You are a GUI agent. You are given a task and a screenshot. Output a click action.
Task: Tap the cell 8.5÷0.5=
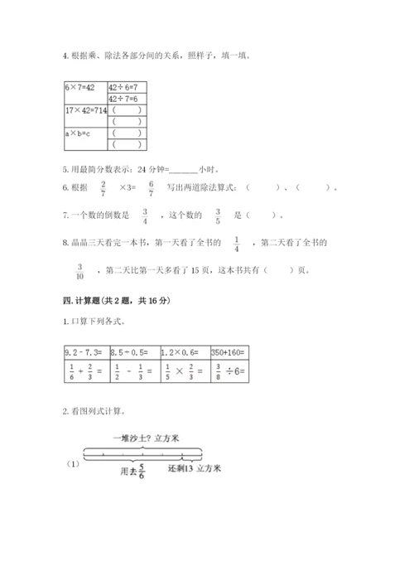[x=132, y=351]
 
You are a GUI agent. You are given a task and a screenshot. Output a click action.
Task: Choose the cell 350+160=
[x=229, y=351]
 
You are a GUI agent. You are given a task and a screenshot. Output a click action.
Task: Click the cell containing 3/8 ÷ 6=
[x=229, y=370]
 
